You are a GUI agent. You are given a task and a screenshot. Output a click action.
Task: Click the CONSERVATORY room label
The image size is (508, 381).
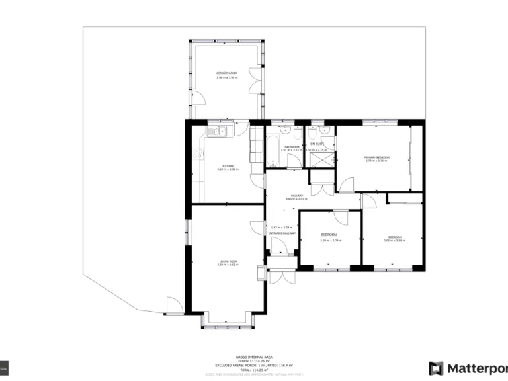226,73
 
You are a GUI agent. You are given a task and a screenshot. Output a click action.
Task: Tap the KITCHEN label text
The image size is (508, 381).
227,165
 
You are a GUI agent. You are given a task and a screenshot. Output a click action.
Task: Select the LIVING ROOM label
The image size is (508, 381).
228,261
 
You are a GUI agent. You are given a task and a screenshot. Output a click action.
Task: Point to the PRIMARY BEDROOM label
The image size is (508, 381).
377,157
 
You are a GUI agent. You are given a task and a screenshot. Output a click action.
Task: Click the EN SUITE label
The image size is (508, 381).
317,144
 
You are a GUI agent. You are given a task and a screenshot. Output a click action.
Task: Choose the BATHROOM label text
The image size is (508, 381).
292,146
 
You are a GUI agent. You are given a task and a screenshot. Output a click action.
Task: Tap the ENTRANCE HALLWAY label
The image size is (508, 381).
282,234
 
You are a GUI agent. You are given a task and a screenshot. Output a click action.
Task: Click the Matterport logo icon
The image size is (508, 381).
436,368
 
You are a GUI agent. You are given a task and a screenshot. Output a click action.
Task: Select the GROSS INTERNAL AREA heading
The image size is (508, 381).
253,355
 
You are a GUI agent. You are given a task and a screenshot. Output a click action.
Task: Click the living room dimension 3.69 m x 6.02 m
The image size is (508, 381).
228,265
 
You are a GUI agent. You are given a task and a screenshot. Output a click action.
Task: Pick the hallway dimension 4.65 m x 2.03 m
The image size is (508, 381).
296,198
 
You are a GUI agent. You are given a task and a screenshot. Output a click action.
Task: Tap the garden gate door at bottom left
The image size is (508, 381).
173,306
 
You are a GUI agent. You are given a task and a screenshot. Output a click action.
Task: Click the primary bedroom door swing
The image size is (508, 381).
346,184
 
